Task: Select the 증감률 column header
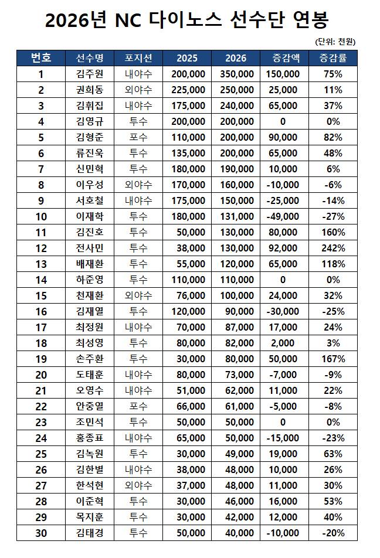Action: (x=333, y=58)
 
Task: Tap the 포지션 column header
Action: (x=138, y=58)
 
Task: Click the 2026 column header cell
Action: (x=236, y=58)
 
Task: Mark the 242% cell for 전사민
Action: (x=333, y=248)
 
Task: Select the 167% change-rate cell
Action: (x=333, y=359)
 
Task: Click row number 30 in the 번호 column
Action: (x=41, y=533)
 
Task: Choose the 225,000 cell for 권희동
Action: (x=188, y=90)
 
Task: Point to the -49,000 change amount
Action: (x=283, y=216)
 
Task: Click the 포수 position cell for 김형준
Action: (x=138, y=137)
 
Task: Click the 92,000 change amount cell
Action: (x=283, y=248)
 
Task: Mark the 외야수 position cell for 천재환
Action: (x=138, y=295)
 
